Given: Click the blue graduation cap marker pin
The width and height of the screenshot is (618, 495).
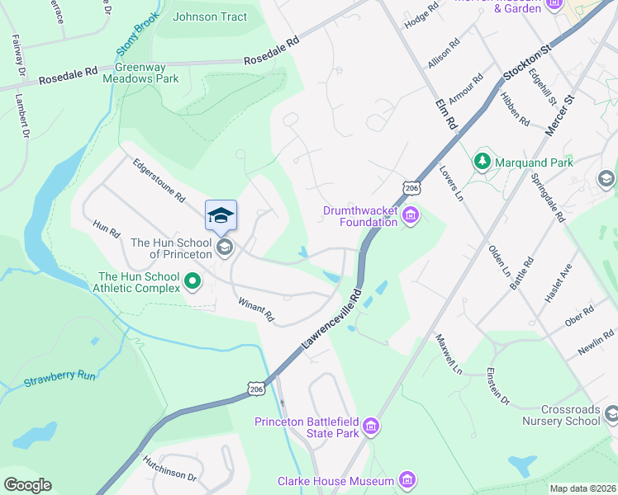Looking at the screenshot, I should click(221, 216).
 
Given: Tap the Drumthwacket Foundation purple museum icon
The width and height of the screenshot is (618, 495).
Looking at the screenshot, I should click(411, 217).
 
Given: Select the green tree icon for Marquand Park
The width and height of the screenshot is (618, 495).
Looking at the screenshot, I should click(482, 162).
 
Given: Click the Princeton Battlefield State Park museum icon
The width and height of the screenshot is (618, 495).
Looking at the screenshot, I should click(371, 426).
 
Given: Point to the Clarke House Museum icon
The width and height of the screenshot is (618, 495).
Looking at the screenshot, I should click(406, 479).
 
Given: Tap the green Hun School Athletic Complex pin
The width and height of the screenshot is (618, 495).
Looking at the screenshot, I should click(193, 282).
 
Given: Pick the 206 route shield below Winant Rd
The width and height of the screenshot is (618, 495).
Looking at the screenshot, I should click(256, 387).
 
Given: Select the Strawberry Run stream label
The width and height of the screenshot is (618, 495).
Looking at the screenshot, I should click(59, 378).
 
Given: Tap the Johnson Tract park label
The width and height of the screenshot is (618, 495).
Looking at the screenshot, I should click(209, 16).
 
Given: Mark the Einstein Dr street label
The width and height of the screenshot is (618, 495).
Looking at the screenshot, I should click(498, 385).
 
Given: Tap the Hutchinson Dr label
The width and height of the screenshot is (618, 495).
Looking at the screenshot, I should click(169, 470).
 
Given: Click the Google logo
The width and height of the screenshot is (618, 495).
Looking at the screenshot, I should click(27, 485).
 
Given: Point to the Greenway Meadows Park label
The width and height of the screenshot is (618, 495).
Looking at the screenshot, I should click(140, 73).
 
